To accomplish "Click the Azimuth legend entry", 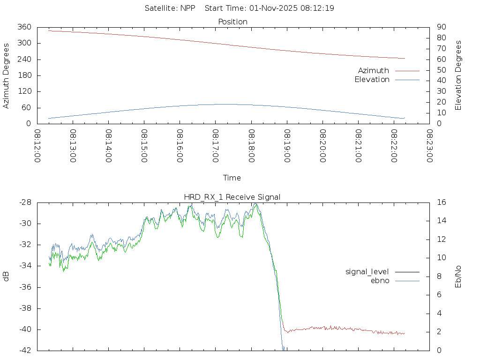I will (x=374, y=71).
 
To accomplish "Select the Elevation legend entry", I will (x=372, y=80).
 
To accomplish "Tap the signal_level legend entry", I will (x=367, y=272).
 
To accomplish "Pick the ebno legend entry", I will (x=380, y=281).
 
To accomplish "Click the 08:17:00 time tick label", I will (x=215, y=146).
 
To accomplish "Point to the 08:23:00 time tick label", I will (x=429, y=146).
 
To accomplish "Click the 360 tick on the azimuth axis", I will (x=24, y=27).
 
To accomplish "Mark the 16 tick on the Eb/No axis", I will (x=441, y=202).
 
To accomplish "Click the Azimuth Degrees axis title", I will (x=6, y=75).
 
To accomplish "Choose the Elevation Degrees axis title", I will (x=458, y=75).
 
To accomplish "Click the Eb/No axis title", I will (x=458, y=277).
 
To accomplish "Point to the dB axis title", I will (x=6, y=277).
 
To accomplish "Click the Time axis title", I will (x=232, y=178).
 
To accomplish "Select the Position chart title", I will (x=233, y=22).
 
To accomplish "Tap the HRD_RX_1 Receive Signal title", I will (x=232, y=197).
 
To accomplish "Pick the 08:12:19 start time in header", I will (x=318, y=8).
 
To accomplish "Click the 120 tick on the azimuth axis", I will (x=24, y=92).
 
